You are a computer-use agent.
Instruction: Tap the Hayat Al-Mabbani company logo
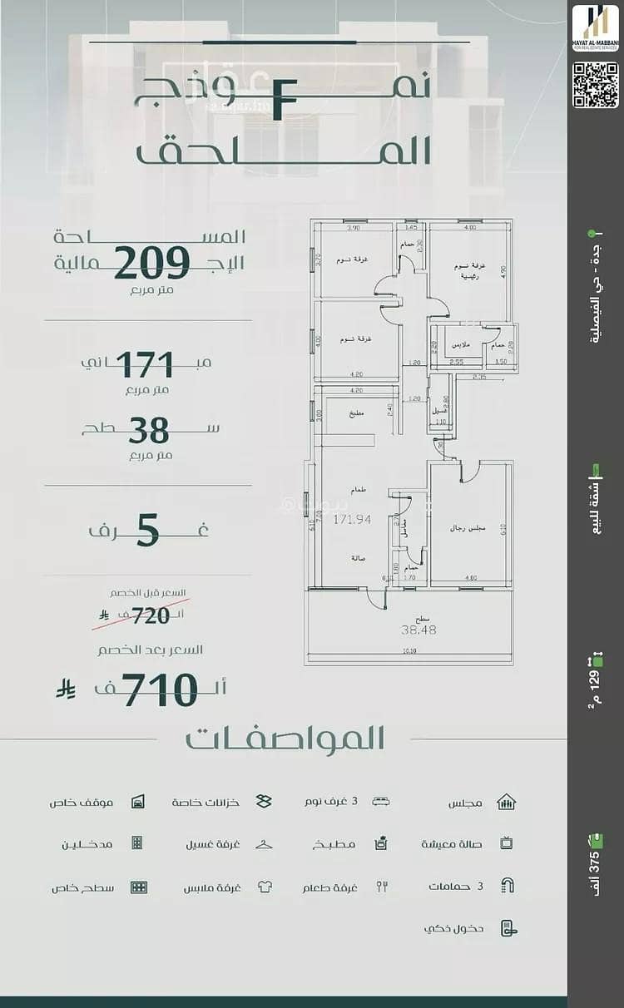[595, 28]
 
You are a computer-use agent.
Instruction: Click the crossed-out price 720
[150, 615]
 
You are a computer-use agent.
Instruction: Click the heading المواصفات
[285, 739]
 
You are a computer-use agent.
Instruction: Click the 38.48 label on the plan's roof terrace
[419, 630]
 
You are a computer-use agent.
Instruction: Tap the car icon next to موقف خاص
[138, 803]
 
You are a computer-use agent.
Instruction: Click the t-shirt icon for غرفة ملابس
[265, 887]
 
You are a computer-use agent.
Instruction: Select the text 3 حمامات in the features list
[456, 887]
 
